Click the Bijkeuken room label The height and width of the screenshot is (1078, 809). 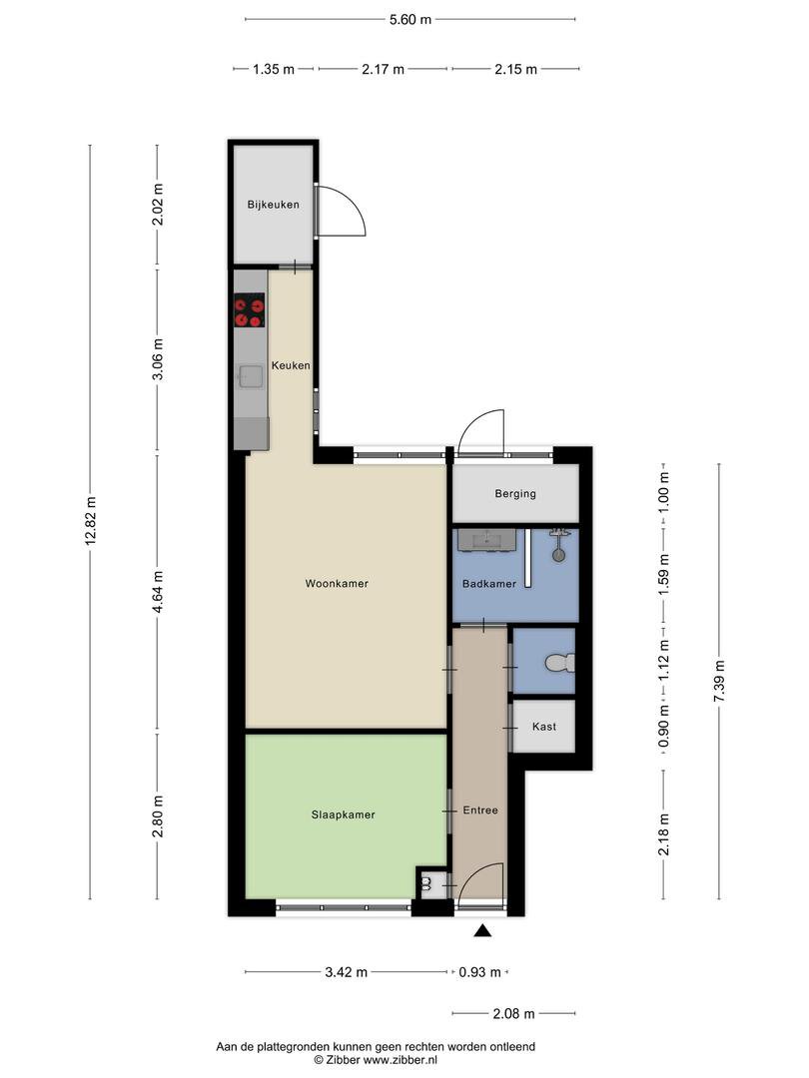pos(273,205)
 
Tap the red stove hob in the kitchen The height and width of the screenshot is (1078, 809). pos(249,310)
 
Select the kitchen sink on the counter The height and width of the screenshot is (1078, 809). pos(251,376)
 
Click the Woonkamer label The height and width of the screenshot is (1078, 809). pos(337,584)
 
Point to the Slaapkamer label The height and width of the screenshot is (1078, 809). pos(343,814)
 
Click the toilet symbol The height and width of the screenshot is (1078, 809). pos(560,663)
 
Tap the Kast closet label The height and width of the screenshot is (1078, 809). pos(544,727)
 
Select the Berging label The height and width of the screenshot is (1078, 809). pos(515,494)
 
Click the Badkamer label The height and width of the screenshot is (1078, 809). pos(489,584)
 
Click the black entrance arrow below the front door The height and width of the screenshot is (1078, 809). pos(483,931)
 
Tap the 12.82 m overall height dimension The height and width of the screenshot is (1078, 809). pos(91,522)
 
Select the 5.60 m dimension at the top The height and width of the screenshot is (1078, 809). pos(410,19)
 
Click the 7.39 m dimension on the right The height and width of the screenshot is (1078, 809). pos(719,682)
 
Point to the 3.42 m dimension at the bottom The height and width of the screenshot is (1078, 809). pos(346,972)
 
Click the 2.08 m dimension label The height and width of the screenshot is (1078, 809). pos(514,1013)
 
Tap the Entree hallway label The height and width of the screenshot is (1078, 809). pos(480,810)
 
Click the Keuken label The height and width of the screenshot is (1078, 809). pos(291,365)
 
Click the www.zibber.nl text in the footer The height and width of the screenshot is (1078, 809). pos(400,1060)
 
